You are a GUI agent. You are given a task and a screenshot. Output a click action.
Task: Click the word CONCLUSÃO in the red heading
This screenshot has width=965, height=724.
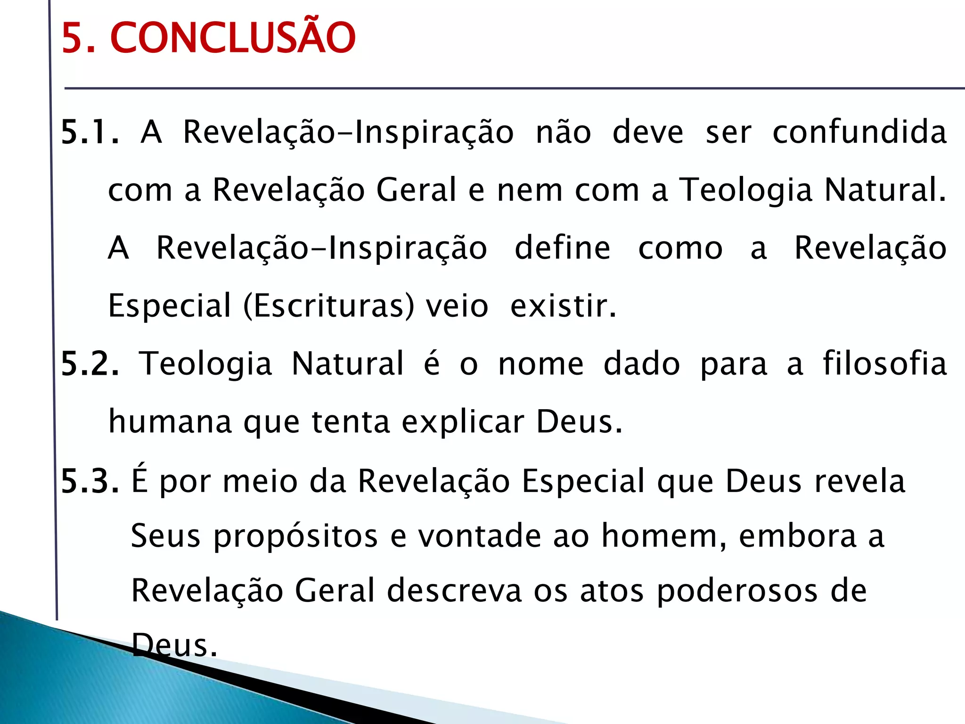click(x=233, y=38)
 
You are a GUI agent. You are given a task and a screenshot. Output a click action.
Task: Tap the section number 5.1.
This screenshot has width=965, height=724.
click(x=90, y=132)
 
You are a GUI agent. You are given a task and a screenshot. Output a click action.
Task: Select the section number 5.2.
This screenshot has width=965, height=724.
click(x=90, y=364)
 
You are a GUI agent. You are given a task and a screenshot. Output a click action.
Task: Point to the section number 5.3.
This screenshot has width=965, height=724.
click(x=90, y=481)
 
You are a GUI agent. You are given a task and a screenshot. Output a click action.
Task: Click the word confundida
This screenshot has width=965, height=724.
click(x=859, y=132)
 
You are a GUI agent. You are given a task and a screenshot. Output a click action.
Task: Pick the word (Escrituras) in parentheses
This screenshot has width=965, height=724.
click(x=329, y=305)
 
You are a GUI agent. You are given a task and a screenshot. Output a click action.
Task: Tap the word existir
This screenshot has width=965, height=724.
click(x=563, y=305)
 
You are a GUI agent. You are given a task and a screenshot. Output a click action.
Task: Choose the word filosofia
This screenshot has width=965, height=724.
click(x=884, y=364)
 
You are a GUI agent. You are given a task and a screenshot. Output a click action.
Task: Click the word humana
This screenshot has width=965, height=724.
click(x=170, y=422)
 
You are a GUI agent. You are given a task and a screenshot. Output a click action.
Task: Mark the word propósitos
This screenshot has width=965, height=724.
click(x=295, y=536)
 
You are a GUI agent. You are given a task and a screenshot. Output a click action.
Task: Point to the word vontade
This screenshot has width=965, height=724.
click(x=480, y=536)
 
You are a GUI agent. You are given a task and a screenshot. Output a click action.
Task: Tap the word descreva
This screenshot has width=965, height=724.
click(x=454, y=591)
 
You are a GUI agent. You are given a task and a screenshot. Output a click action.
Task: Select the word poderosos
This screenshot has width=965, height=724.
click(x=737, y=591)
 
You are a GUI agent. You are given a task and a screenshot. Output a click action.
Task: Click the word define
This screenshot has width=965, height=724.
click(x=562, y=248)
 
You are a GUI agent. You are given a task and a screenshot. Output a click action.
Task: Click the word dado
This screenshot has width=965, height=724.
click(x=642, y=364)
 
